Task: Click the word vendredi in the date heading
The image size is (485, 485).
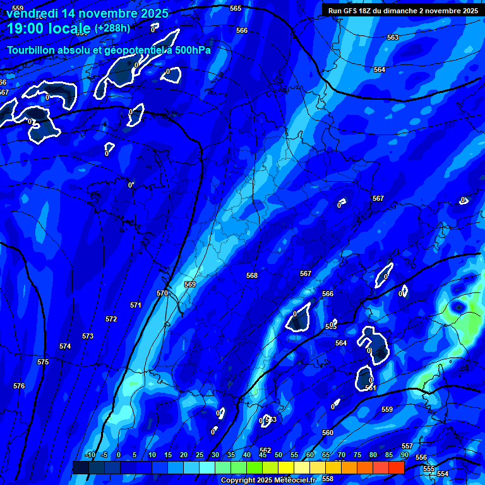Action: pos(31,13)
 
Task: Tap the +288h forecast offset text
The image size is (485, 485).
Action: pos(112,28)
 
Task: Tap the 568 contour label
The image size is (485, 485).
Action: pos(252,275)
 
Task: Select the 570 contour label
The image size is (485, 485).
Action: pos(162,293)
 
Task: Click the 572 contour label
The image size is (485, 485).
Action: pos(111,319)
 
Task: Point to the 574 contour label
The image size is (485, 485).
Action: pos(65,346)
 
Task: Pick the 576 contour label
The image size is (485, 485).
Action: pos(19,386)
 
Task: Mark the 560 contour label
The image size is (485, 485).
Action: pos(327,433)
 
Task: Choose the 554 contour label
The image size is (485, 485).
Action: pos(443,474)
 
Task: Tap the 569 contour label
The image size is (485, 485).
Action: pos(190,284)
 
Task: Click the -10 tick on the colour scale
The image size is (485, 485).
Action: pos(90,455)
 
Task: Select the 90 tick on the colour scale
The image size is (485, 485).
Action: pos(404,455)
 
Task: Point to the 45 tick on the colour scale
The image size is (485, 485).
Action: pos(263,455)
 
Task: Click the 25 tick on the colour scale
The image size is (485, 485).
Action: pos(200,455)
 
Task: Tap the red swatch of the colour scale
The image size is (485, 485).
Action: pos(396,467)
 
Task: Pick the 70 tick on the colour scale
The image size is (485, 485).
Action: pos(342,455)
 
